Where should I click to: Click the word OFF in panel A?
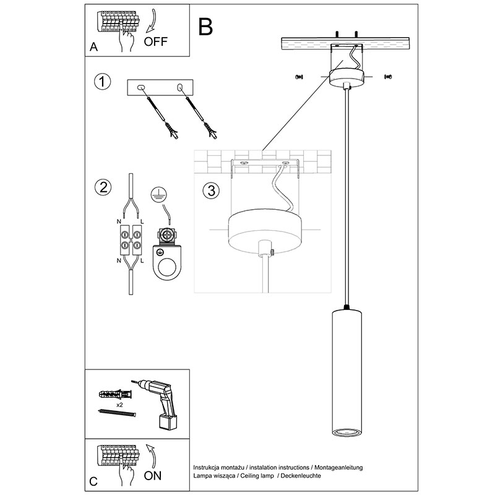click(155, 41)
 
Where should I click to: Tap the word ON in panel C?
click(152, 476)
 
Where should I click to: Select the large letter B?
click(205, 27)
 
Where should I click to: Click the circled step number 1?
click(102, 82)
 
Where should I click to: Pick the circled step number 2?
click(103, 187)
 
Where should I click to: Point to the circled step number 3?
click(211, 191)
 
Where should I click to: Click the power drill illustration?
click(157, 403)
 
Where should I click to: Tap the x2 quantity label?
click(119, 405)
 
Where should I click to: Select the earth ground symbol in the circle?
click(159, 195)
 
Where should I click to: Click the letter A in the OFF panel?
click(94, 47)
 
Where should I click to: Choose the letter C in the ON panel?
click(93, 481)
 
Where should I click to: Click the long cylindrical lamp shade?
click(346, 373)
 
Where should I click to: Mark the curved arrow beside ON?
click(152, 455)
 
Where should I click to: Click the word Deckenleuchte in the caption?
click(301, 476)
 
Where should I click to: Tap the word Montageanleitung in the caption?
click(338, 467)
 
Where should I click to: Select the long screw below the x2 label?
click(117, 413)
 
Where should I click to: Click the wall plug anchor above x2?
click(116, 394)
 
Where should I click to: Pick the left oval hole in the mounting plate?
click(141, 87)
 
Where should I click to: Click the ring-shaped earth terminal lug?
click(167, 262)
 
